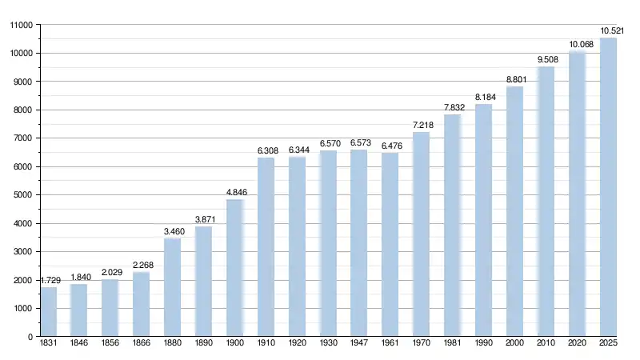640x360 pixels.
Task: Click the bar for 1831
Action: [x=49, y=312]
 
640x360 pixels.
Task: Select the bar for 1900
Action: [x=235, y=268]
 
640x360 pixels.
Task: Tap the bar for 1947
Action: [x=359, y=243]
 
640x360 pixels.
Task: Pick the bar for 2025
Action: [x=609, y=187]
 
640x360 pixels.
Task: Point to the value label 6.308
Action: [x=266, y=150]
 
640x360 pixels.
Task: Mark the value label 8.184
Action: [x=484, y=97]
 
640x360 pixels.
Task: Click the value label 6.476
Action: [x=390, y=145]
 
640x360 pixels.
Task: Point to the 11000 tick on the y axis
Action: [x=21, y=26]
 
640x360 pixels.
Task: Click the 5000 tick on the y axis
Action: [x=22, y=195]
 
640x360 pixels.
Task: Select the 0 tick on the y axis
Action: [x=30, y=337]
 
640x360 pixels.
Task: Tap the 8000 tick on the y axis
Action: [x=22, y=110]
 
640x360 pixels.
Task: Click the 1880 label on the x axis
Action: [x=173, y=345]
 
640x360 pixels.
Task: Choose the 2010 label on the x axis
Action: [x=546, y=345]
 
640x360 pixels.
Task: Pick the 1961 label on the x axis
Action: [x=390, y=345]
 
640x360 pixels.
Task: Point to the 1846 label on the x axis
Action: [x=79, y=345]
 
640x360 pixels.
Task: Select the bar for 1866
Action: [x=142, y=305]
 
